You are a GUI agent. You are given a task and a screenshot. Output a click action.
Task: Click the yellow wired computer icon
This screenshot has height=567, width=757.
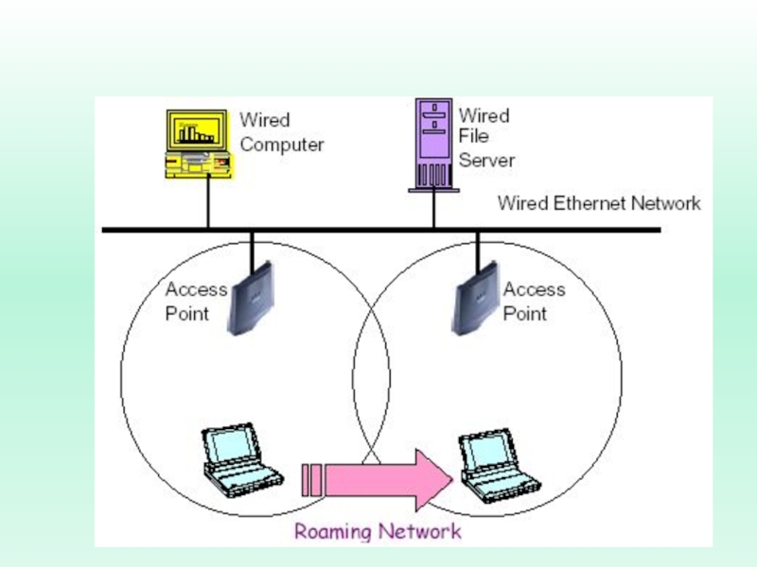coord(199,145)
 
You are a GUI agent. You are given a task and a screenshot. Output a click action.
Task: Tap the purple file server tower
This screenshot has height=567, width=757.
coord(433,146)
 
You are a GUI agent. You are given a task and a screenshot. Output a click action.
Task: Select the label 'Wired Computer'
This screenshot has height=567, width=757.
coord(281,132)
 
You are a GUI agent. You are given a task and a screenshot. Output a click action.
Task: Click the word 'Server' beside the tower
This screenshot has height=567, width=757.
coord(486,160)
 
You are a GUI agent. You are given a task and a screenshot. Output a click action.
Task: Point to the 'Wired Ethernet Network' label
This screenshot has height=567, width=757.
coord(599,203)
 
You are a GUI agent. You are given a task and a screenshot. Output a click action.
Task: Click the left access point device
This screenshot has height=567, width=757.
coord(251,299)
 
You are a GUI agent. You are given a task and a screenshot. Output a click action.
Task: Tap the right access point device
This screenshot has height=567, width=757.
coord(476,299)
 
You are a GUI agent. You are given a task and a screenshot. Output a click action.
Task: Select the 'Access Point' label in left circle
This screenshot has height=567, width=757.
coord(196,301)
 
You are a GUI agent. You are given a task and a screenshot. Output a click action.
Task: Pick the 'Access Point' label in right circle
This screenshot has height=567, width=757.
coord(534,301)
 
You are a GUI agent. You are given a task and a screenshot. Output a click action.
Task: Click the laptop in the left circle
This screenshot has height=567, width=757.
coord(242,460)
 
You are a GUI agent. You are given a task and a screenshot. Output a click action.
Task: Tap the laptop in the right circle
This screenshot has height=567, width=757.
coord(500,465)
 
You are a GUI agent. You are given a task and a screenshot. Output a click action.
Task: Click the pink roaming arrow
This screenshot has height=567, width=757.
coord(377,480)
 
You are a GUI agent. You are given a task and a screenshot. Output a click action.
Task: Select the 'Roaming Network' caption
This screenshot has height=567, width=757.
coord(378,531)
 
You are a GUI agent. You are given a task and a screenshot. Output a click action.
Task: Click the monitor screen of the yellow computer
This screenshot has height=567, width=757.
coord(197,130)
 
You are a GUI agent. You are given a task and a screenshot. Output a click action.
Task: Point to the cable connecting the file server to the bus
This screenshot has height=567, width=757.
coord(433,209)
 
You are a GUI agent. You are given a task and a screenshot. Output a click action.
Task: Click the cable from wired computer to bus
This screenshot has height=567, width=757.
coord(208,202)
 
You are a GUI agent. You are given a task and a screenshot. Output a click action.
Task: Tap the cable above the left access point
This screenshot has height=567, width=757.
coord(252,251)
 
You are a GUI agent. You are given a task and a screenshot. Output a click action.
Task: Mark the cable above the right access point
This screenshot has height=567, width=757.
coord(478,251)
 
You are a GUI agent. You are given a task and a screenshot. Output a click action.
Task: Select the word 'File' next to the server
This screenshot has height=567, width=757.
coord(474,136)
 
